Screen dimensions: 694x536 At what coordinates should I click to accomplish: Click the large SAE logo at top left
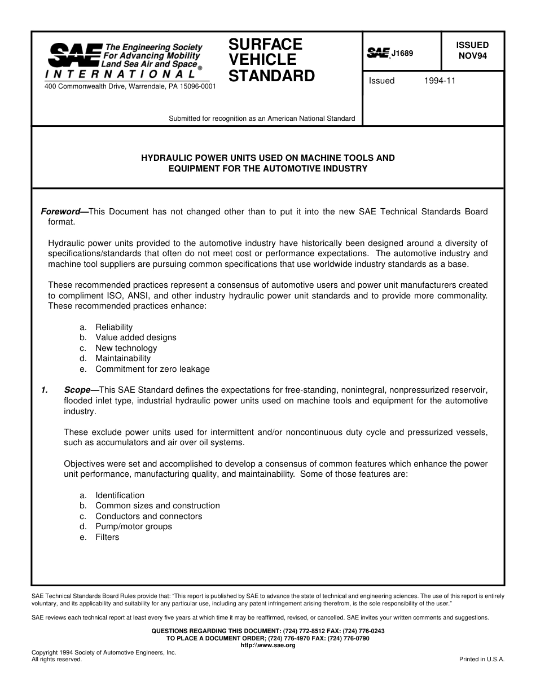[75, 55]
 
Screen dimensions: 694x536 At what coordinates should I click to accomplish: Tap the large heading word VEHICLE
[262, 60]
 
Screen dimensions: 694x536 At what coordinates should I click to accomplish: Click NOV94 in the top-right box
[472, 56]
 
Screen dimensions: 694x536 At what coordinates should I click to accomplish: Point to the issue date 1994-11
[440, 81]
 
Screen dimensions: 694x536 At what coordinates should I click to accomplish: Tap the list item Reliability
[114, 327]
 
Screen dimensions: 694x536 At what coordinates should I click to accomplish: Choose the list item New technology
[126, 348]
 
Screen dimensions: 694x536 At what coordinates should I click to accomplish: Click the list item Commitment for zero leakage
[152, 369]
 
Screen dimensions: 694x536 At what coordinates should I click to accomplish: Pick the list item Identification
[120, 495]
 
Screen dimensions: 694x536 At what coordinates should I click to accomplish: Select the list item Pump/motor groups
[134, 526]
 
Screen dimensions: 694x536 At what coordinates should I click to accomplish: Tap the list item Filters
[107, 537]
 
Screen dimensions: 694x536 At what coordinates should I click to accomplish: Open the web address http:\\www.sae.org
[268, 645]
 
